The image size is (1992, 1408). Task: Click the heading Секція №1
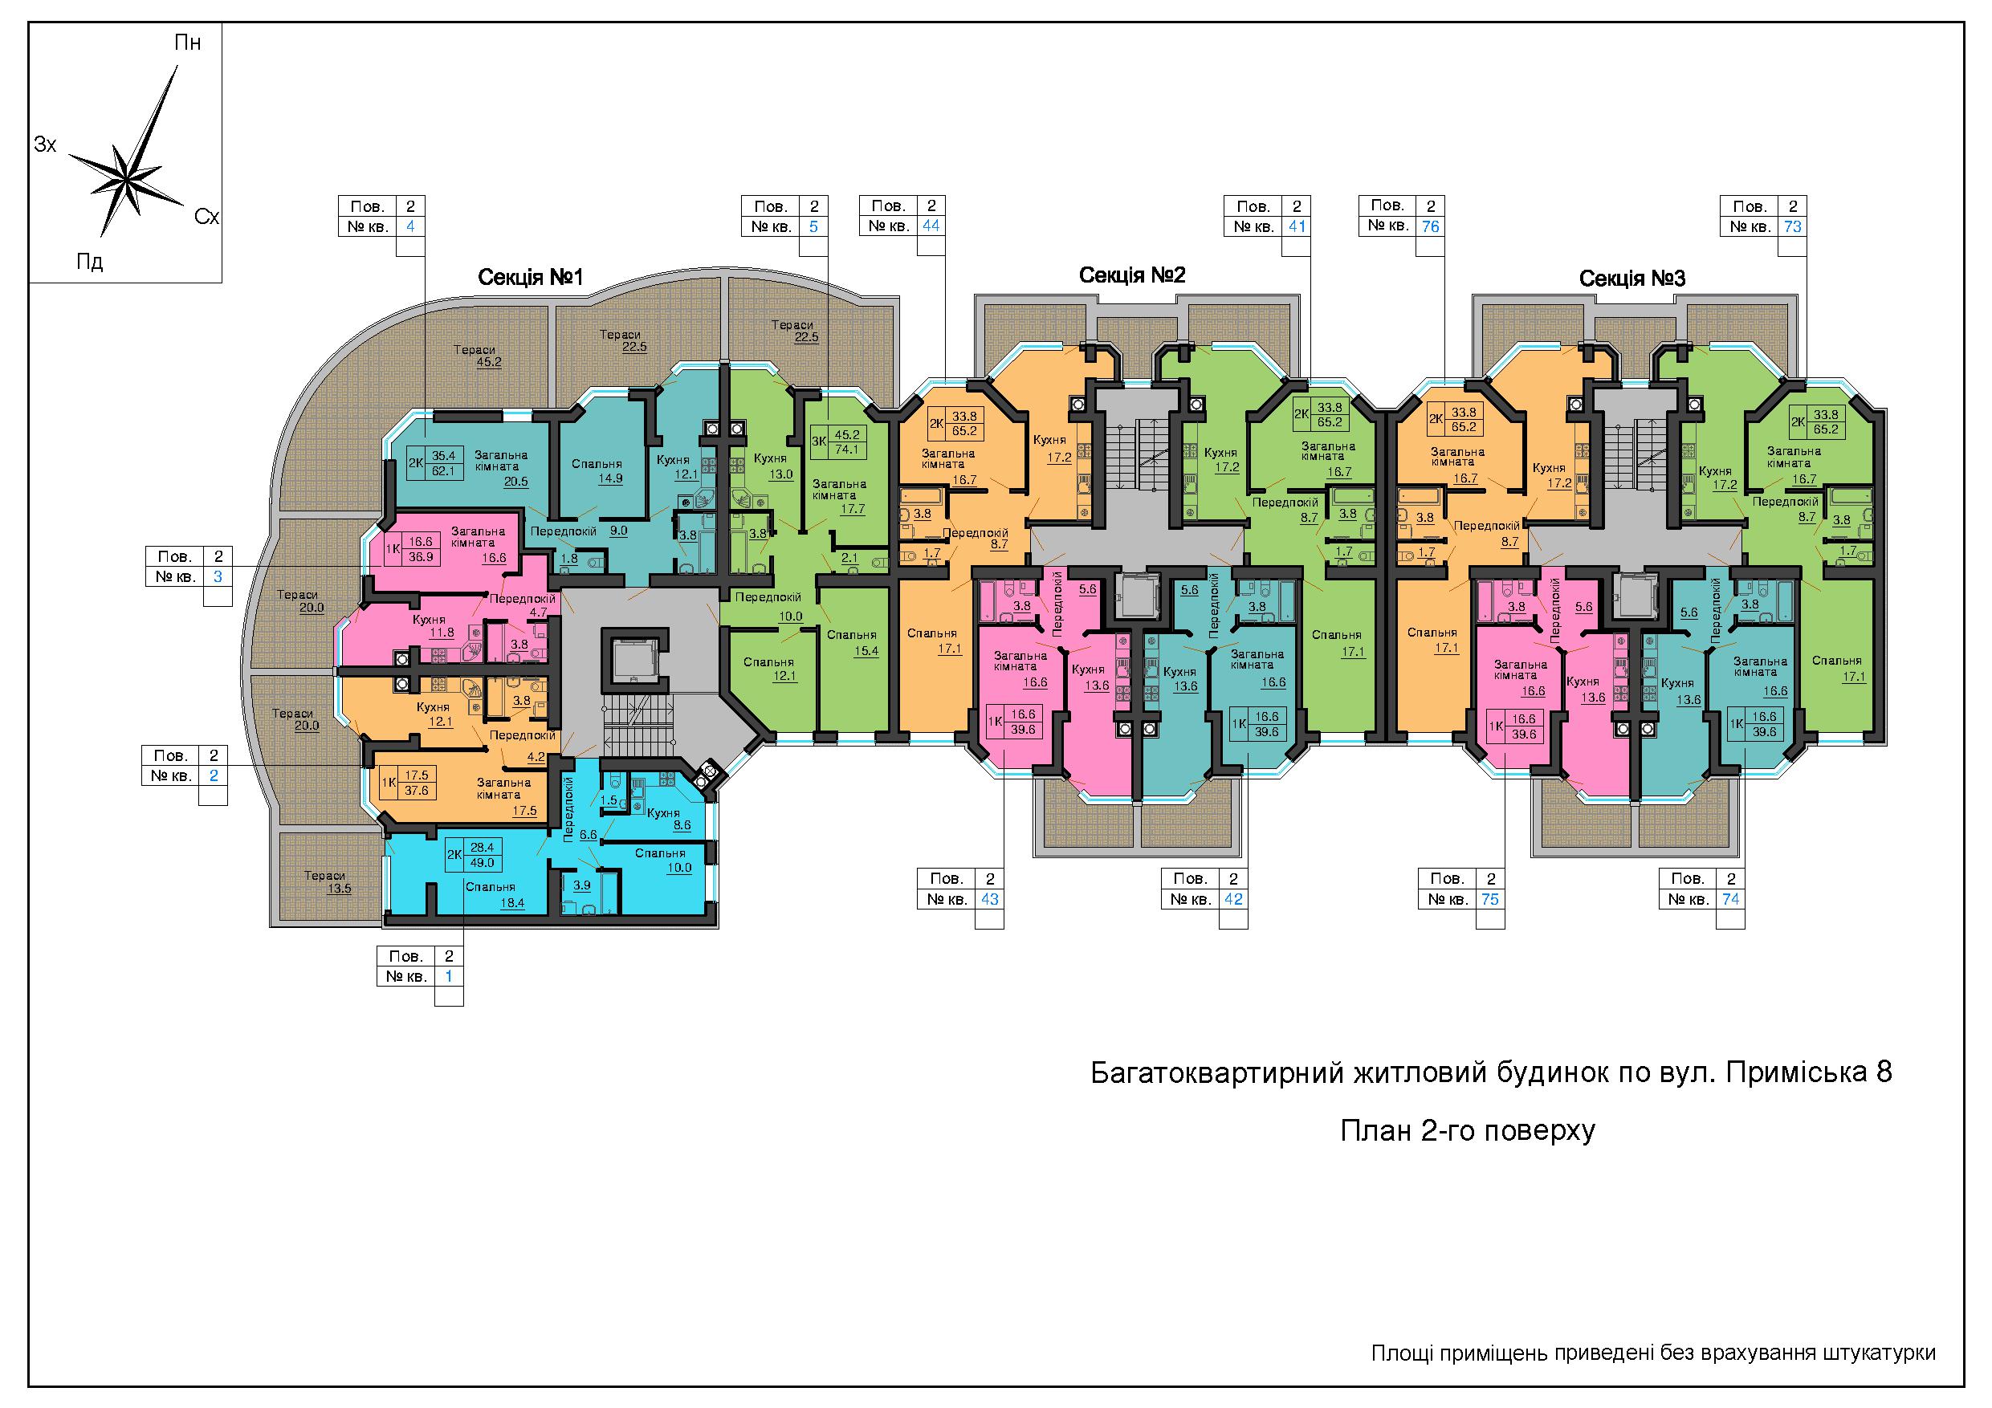[530, 278]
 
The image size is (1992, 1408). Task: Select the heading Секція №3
[1632, 279]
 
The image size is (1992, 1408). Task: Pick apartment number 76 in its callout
[1431, 226]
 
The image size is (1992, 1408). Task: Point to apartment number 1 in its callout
[449, 976]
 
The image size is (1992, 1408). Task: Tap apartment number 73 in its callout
[1792, 226]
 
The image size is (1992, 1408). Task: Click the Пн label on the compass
[188, 43]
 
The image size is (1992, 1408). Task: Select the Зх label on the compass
[45, 144]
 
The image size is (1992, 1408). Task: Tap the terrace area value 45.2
[488, 362]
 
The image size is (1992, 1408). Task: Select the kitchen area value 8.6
[682, 825]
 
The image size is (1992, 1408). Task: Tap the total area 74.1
[846, 449]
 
